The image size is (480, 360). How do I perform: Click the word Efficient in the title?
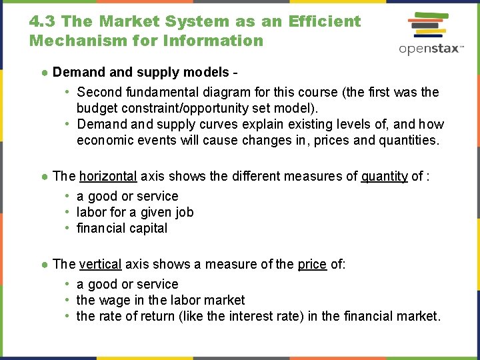[x=325, y=21]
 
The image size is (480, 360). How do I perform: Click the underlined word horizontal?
[x=108, y=176]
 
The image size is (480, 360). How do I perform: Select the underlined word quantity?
[x=384, y=176]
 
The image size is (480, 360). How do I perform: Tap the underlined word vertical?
[x=100, y=264]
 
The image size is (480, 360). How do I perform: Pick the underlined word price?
[x=312, y=264]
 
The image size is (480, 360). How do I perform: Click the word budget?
[x=96, y=108]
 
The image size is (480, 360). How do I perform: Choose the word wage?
[x=114, y=300]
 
